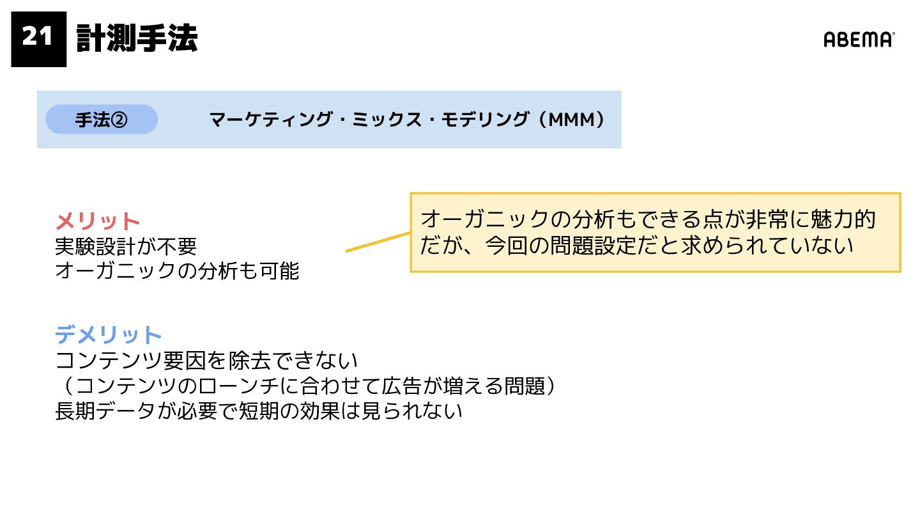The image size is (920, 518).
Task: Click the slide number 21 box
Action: [38, 39]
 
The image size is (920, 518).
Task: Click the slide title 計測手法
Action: [137, 39]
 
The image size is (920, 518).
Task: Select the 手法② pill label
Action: [102, 120]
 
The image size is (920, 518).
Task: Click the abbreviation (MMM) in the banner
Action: [571, 120]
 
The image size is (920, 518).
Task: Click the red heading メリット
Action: [98, 221]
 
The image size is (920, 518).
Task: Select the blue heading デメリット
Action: [109, 334]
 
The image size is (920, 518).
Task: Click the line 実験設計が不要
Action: [126, 246]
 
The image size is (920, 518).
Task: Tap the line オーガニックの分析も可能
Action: [177, 271]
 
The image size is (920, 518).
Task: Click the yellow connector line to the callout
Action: [377, 242]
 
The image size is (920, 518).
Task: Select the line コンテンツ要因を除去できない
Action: [206, 361]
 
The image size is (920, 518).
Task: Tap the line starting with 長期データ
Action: [258, 411]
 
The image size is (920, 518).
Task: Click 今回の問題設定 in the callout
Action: [549, 246]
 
